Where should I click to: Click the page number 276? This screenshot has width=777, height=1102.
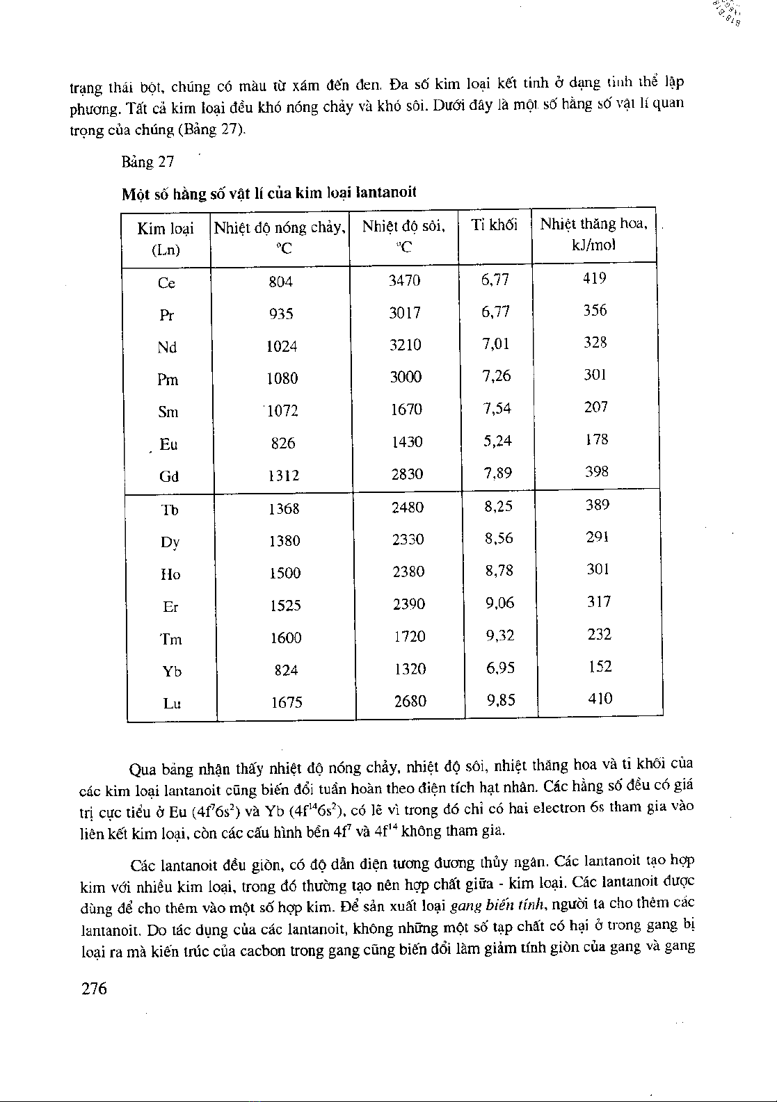(94, 989)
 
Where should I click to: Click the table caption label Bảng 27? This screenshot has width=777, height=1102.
(147, 162)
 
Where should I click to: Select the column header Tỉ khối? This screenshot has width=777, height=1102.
(494, 225)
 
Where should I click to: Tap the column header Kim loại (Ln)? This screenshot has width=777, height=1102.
(166, 238)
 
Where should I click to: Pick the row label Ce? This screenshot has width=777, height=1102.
(166, 283)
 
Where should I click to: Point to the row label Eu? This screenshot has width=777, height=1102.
(168, 444)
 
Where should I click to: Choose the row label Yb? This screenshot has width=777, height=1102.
(172, 671)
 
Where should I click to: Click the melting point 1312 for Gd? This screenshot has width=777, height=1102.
(284, 476)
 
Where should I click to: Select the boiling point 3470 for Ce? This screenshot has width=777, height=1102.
(404, 281)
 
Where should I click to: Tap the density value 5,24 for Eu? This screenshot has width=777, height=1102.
(497, 441)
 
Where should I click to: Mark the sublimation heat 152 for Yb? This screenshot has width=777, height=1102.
(599, 667)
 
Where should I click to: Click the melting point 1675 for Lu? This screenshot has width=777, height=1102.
(286, 702)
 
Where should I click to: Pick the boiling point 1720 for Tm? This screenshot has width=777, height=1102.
(409, 636)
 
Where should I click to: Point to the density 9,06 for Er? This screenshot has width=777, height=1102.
(499, 603)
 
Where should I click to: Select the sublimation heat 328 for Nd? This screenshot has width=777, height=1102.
(595, 342)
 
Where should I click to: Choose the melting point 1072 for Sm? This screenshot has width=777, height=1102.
(282, 411)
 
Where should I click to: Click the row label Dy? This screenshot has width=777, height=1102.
(170, 542)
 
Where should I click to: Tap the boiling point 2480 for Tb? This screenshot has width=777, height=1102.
(408, 508)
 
